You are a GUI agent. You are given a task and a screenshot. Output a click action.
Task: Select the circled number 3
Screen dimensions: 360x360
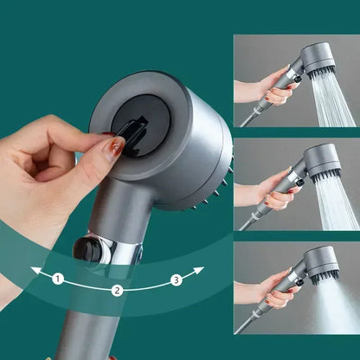click(x=176, y=279)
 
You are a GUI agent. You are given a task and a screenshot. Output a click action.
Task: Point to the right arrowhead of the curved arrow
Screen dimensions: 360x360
click(x=200, y=271)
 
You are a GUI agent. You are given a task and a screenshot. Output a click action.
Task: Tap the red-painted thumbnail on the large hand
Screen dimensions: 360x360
click(x=114, y=146)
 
